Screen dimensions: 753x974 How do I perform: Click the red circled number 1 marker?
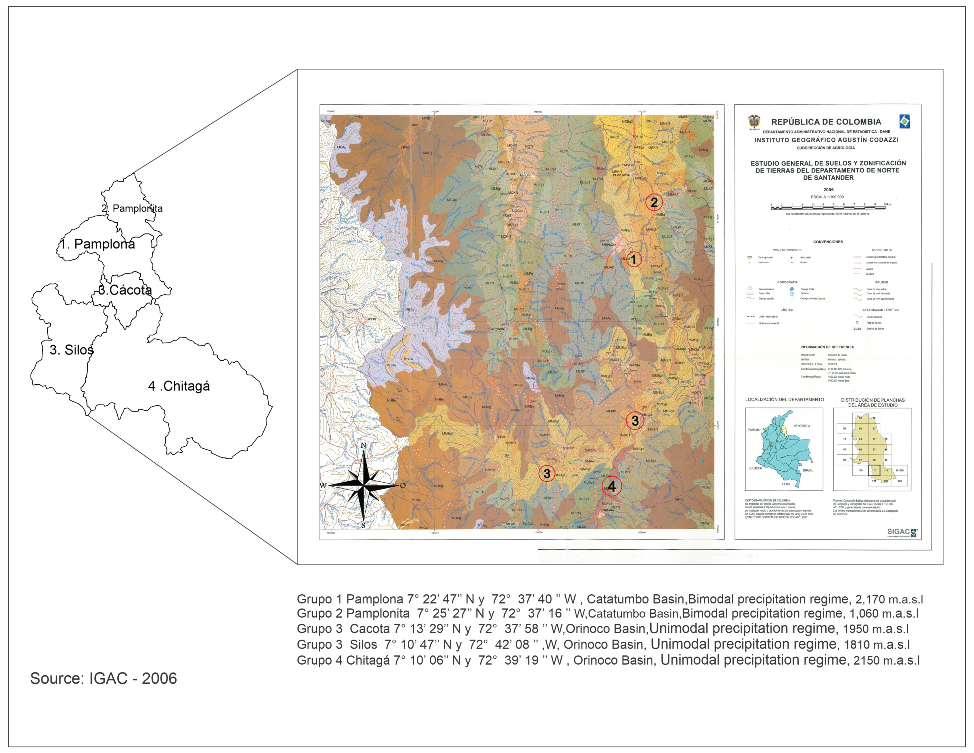pyautogui.click(x=633, y=259)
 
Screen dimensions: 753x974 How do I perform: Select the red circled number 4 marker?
pyautogui.click(x=611, y=486)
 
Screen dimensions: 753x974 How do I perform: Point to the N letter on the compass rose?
pyautogui.click(x=363, y=445)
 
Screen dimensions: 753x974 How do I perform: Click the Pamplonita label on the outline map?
pyautogui.click(x=132, y=208)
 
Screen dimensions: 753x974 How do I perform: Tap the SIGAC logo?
pyautogui.click(x=902, y=532)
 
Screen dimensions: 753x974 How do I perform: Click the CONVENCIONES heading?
pyautogui.click(x=828, y=242)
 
